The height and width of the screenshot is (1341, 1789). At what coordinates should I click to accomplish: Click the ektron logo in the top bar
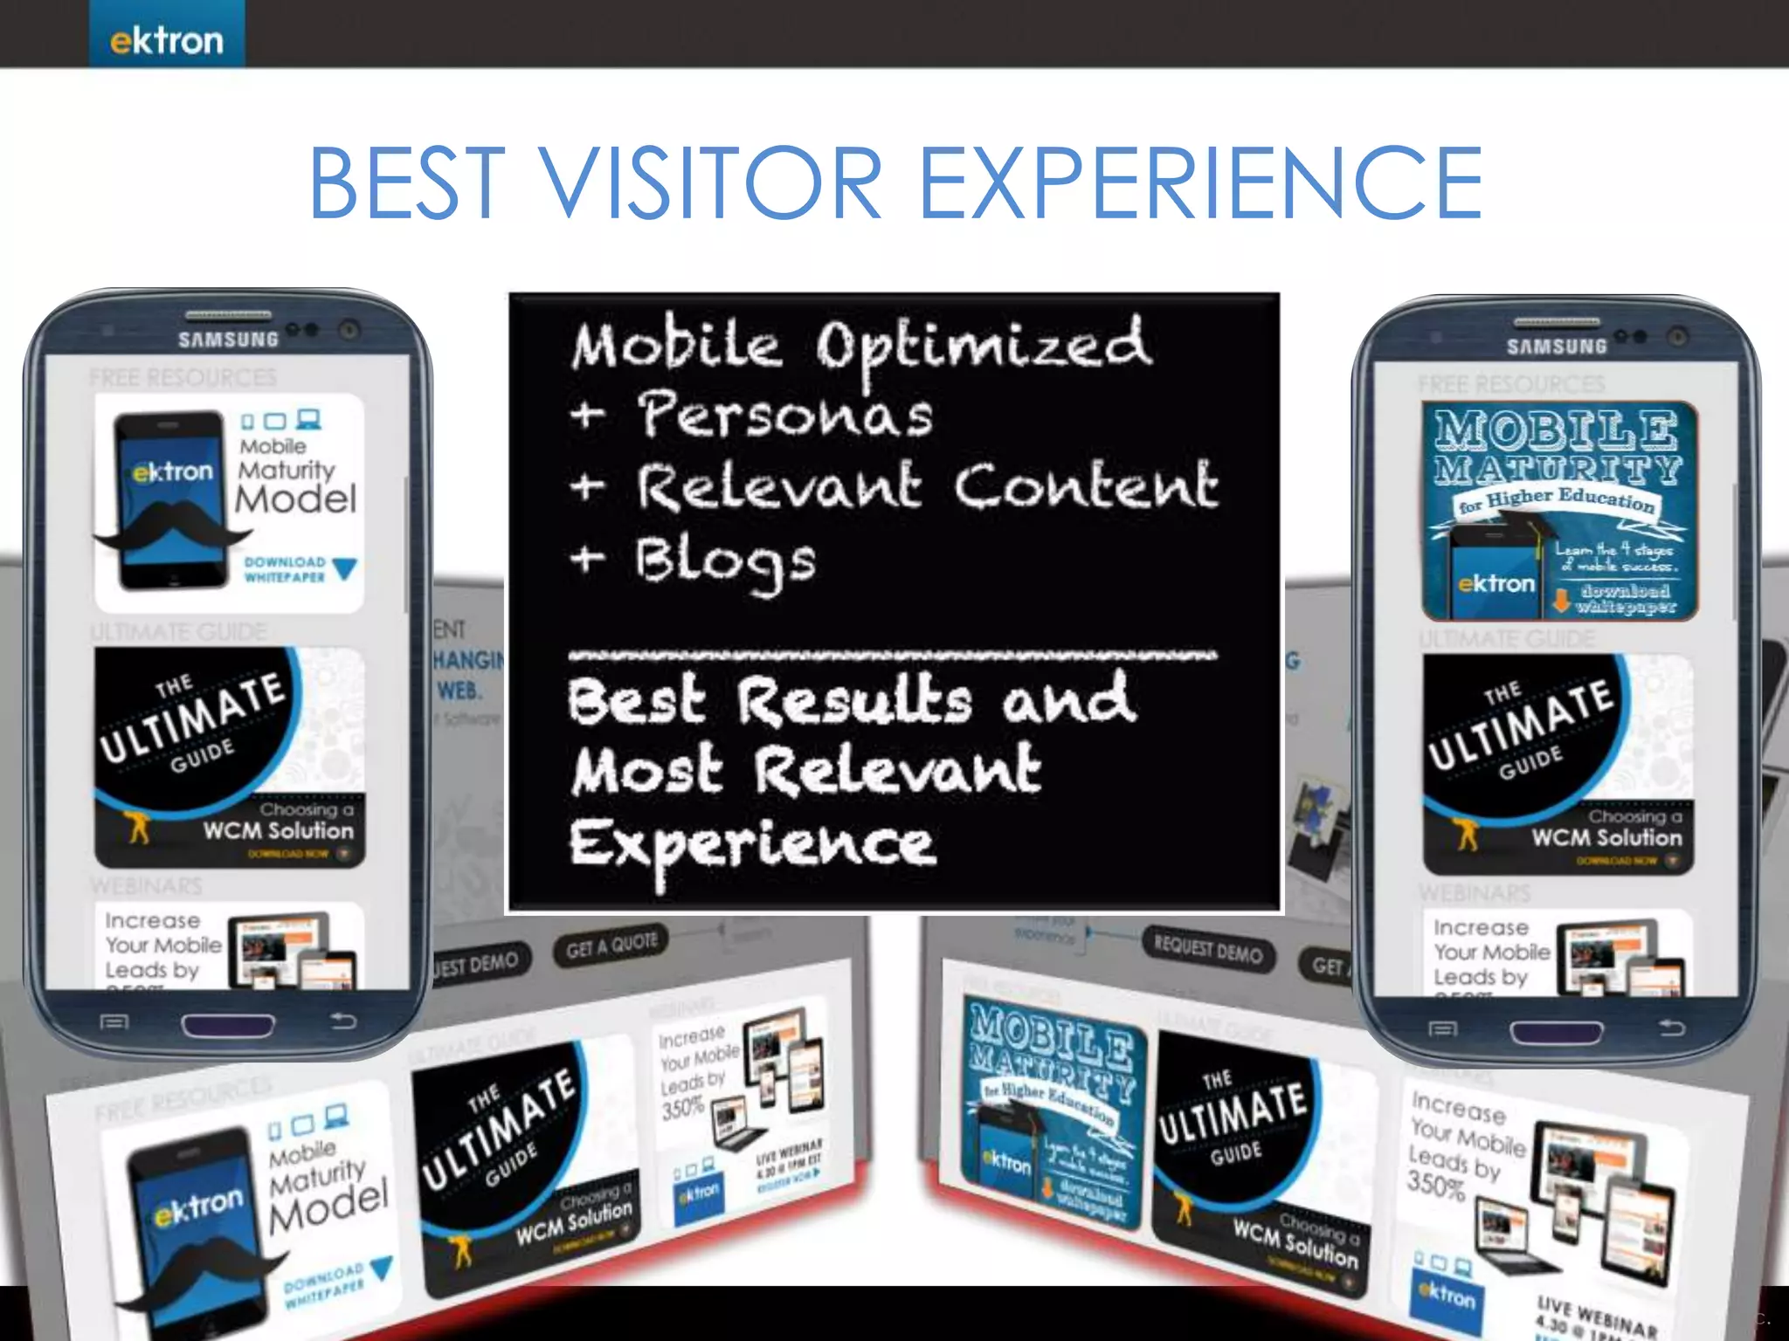coord(166,40)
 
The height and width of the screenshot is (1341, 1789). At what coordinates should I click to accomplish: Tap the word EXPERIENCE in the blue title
coord(1201,183)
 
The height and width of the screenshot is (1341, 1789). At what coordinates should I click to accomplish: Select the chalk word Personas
coord(784,415)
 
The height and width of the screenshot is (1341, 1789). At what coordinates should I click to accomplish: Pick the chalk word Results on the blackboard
coord(853,701)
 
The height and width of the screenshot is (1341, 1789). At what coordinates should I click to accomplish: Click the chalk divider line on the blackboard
coord(891,654)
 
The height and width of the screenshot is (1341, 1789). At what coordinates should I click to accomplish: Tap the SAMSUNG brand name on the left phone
coord(228,340)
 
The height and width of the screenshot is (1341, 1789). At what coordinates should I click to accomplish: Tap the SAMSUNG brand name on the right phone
coord(1557,347)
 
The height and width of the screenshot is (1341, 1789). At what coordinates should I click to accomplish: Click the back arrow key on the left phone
coord(343,1021)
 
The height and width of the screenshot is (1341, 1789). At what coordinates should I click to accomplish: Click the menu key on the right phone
coord(1442,1029)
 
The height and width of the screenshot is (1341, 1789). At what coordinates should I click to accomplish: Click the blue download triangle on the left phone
coord(345,569)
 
